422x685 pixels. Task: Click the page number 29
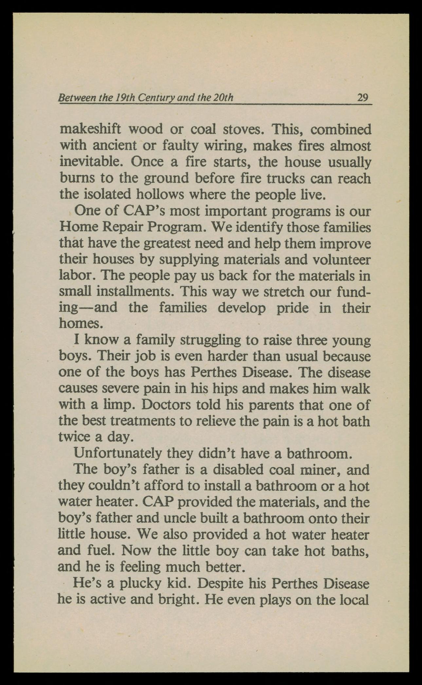[x=362, y=98]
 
